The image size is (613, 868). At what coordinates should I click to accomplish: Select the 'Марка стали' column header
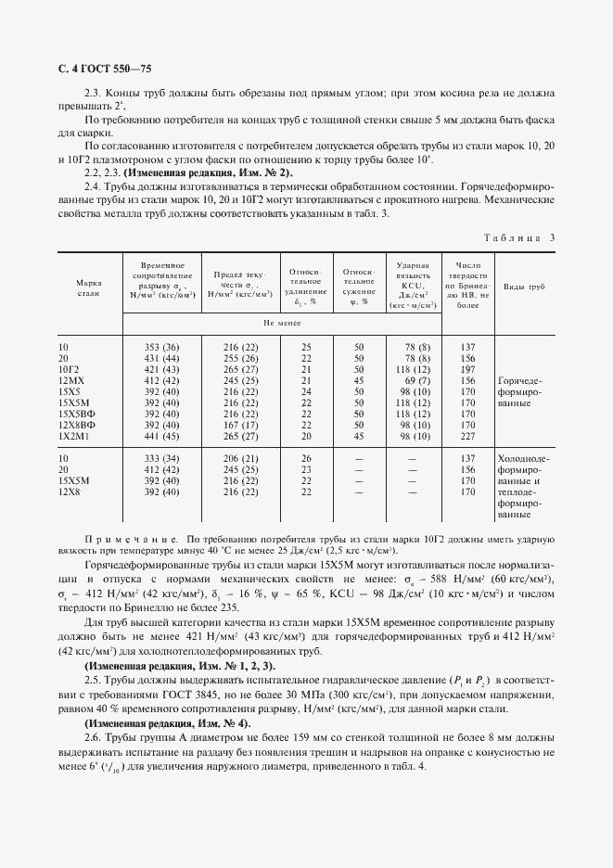tap(89, 286)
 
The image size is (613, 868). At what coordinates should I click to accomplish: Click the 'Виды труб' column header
tap(524, 287)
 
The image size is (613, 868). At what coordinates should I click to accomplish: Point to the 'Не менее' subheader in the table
tap(282, 324)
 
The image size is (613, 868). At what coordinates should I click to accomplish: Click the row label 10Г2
tap(69, 368)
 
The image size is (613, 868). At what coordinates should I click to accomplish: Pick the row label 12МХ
tap(71, 380)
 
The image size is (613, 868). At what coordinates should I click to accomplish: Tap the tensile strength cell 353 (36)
tap(162, 346)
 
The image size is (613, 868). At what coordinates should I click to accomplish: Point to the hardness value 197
tap(467, 368)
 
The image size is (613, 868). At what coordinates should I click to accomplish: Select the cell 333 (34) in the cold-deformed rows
tap(162, 458)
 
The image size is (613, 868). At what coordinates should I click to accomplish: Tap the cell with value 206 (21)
tap(240, 458)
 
